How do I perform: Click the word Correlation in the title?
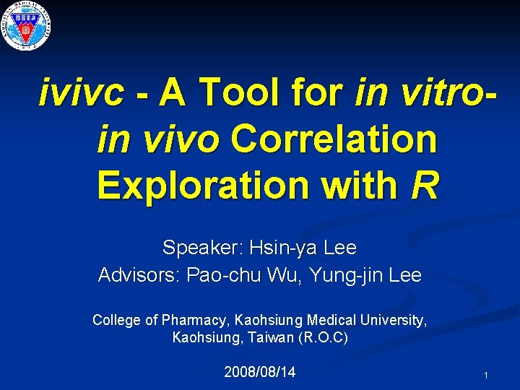[334, 139]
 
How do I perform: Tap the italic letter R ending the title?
[424, 185]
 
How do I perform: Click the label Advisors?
[139, 275]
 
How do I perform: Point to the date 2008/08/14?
[260, 373]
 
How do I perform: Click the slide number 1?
[487, 376]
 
